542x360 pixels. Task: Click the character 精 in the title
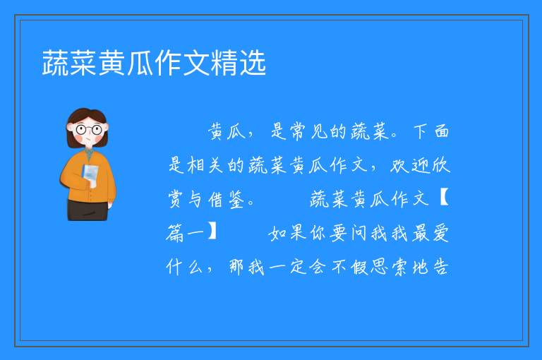tap(224, 63)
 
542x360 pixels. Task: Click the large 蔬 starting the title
tap(56, 63)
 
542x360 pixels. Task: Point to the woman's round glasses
tap(89, 130)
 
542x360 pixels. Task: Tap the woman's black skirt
tap(88, 209)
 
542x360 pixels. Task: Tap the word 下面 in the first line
tap(431, 132)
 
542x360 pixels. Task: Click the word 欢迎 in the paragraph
tap(410, 165)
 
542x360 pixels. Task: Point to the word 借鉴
tap(227, 200)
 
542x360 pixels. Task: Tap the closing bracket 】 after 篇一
tap(212, 232)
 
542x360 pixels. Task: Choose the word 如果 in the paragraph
tap(288, 233)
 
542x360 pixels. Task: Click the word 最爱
tap(430, 233)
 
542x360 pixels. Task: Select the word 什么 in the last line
tap(184, 267)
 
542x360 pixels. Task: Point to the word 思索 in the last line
tap(390, 267)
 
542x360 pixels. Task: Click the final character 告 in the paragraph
tap(440, 267)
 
